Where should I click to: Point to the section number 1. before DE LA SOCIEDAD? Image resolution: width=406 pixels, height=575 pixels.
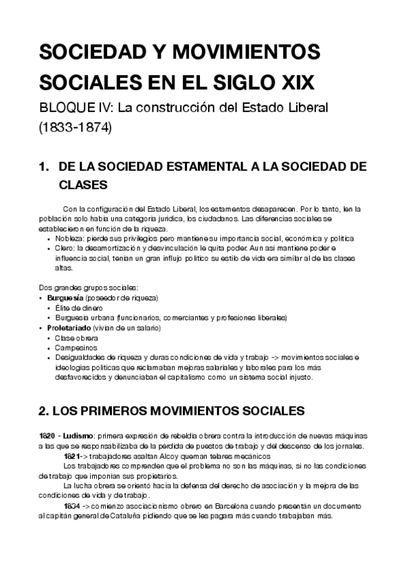coord(45,167)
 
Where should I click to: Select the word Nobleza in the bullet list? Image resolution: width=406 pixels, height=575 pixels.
coord(68,239)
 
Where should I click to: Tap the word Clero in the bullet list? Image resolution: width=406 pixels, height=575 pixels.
coord(64,248)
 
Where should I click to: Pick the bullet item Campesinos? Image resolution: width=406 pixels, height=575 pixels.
coord(75,346)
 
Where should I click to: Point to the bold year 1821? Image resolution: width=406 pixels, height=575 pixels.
coord(72,456)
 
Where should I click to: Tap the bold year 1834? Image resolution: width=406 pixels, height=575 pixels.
coord(71,506)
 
